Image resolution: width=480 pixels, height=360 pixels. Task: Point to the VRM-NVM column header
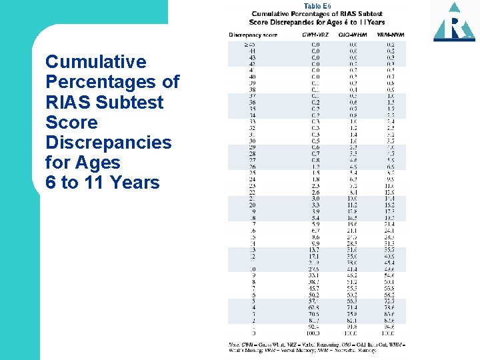[390, 34]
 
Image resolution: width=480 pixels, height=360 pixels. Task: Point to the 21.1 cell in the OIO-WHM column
[353, 231]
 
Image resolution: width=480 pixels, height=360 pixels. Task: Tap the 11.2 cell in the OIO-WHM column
[353, 205]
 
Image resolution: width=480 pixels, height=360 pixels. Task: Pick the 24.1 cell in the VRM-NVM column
[389, 231]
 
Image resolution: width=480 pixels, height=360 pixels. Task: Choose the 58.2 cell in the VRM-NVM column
[389, 295]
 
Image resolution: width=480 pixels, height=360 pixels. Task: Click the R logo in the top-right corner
[454, 21]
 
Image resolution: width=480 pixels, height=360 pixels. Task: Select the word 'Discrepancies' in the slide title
[108, 143]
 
